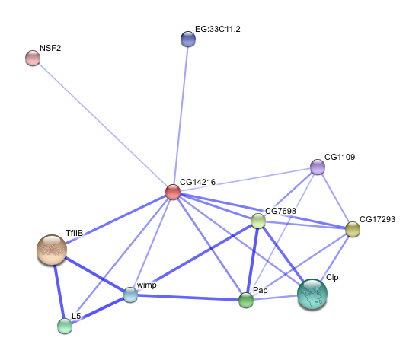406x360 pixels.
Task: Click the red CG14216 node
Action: click(x=173, y=192)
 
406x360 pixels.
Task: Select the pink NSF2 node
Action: click(x=33, y=58)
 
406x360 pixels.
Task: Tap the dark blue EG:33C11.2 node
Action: click(x=188, y=39)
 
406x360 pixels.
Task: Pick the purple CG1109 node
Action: click(x=318, y=167)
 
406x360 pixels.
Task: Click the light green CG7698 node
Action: click(x=258, y=221)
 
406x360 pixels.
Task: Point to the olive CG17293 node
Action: click(x=353, y=229)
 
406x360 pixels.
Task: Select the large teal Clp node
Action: click(x=312, y=294)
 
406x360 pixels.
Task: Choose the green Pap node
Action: click(x=246, y=300)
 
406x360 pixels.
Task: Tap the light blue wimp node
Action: click(x=130, y=295)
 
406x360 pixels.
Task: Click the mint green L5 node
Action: click(x=65, y=326)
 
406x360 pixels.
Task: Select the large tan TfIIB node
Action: click(x=52, y=250)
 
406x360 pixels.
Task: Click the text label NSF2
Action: click(x=50, y=48)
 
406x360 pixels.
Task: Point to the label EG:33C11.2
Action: click(x=218, y=29)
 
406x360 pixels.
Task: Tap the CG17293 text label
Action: click(x=377, y=219)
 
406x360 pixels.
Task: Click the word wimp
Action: click(x=146, y=285)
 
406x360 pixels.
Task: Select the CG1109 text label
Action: click(x=340, y=157)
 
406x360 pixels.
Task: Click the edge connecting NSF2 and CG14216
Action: click(x=103, y=125)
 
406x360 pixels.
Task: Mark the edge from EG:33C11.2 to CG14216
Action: click(x=181, y=116)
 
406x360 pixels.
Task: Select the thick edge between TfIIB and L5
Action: click(x=59, y=292)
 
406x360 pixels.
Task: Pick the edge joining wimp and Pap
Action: click(x=188, y=298)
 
